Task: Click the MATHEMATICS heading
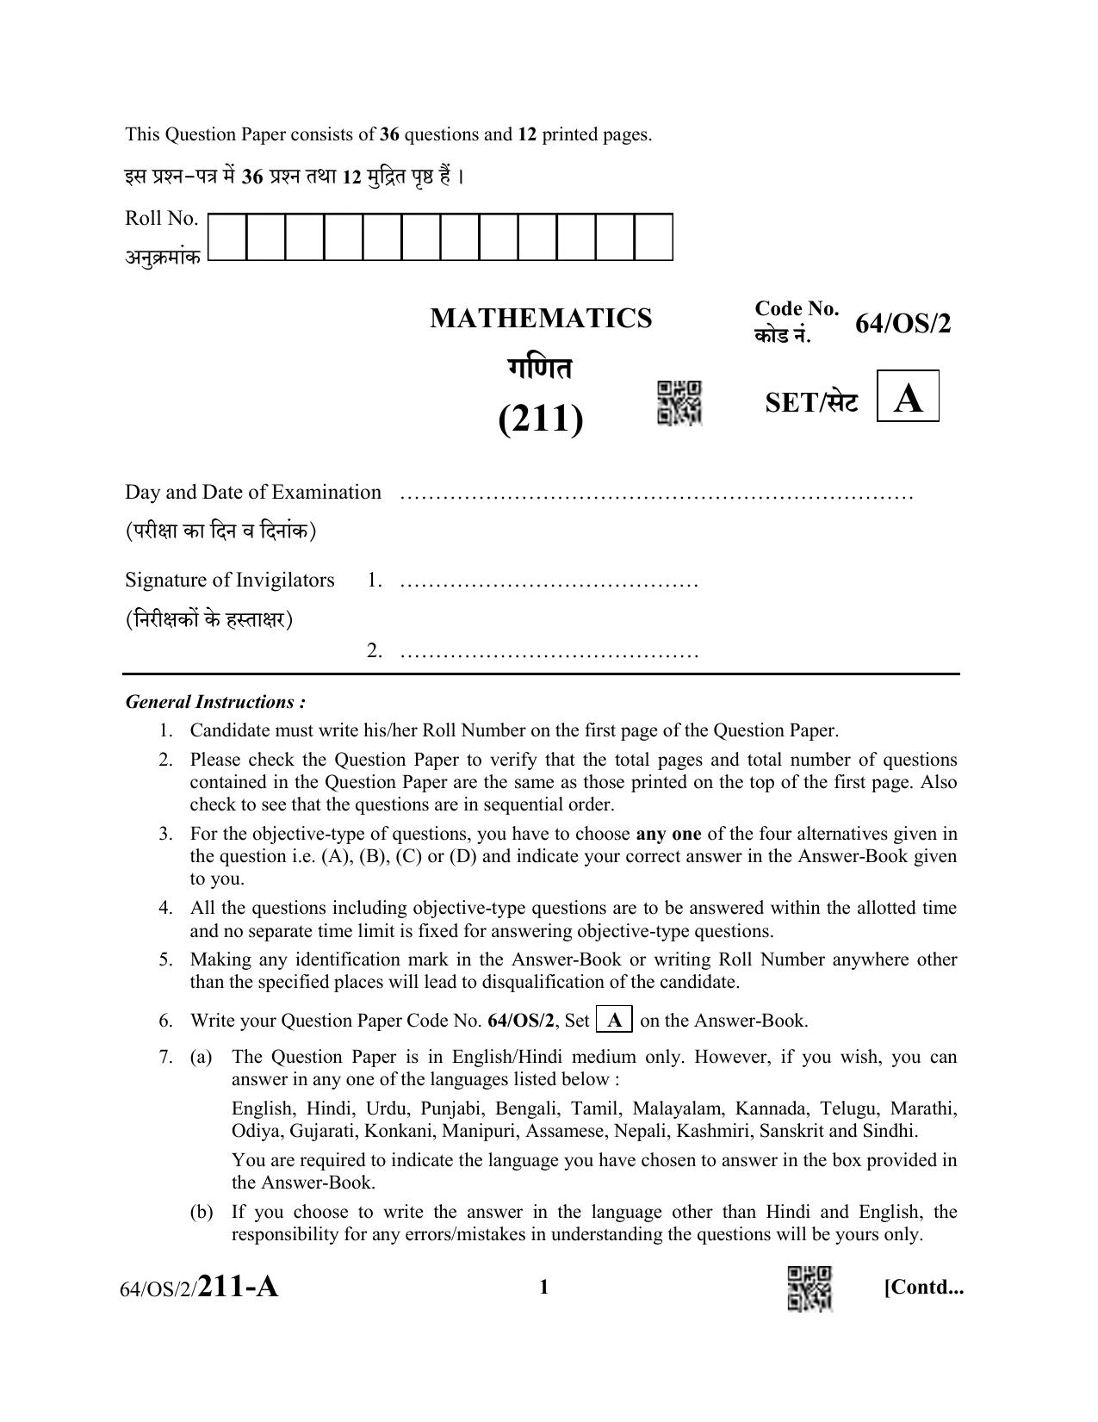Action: point(541,319)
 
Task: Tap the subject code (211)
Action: point(541,419)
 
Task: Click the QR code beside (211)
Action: point(679,402)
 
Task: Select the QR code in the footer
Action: point(810,1288)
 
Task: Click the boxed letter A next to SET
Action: point(908,397)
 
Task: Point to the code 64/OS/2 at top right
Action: point(903,325)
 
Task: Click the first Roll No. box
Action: point(227,237)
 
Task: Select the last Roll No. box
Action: point(654,237)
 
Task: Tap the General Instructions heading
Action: point(215,702)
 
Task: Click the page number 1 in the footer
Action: point(543,1288)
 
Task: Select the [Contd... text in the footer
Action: point(923,1288)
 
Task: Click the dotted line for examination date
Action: point(656,496)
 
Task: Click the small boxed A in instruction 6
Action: point(615,1021)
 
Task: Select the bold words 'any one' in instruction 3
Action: point(668,834)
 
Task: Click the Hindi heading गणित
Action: point(540,369)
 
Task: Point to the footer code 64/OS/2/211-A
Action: point(200,1288)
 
